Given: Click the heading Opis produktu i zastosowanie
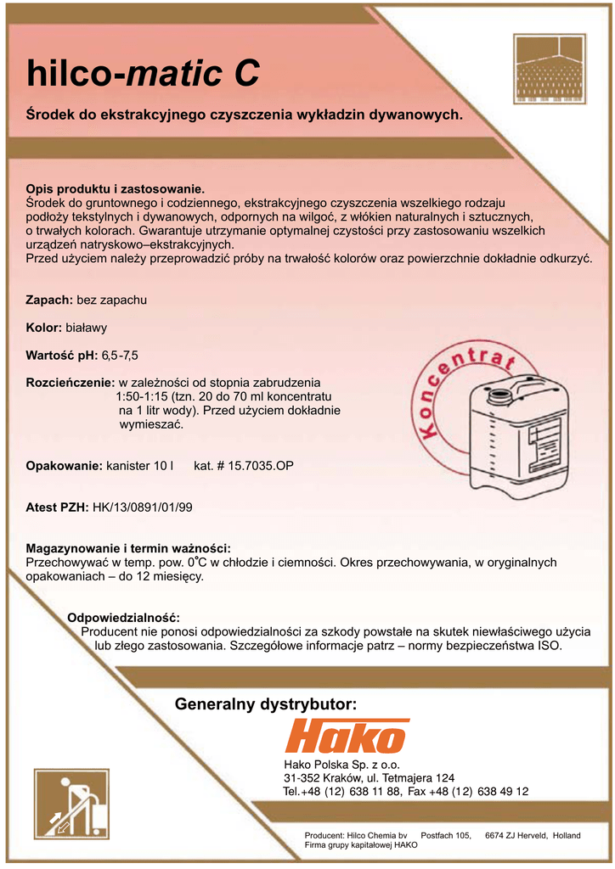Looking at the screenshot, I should coord(116,189).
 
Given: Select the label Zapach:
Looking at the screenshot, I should coord(49,300).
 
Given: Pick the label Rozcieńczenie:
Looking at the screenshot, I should coord(71,383).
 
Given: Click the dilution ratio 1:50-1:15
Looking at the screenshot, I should coord(142,396).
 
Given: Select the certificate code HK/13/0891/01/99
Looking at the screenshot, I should coord(143,507).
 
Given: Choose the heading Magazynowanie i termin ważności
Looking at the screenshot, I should coord(128,548).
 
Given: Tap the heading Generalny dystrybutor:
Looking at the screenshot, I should coord(265,704).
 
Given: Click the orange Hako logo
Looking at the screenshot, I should coord(347,736).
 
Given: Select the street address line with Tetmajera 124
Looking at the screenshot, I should coord(369,778).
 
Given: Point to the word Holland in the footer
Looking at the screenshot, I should coord(566,836).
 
